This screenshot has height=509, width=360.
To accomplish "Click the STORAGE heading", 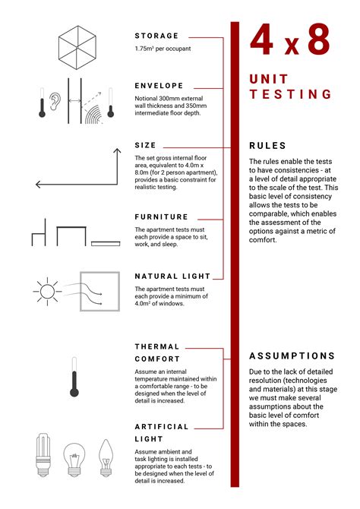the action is (x=156, y=36).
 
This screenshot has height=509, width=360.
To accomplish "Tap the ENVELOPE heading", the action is (x=159, y=86).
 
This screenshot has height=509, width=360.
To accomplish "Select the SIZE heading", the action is (x=145, y=145).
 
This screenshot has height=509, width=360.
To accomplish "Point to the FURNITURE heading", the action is (x=161, y=217).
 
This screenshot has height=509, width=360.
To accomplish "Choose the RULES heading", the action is (x=267, y=146).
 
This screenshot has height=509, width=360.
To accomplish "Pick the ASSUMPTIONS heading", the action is (x=292, y=356).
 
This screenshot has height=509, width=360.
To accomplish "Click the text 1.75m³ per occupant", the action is (x=163, y=49).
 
